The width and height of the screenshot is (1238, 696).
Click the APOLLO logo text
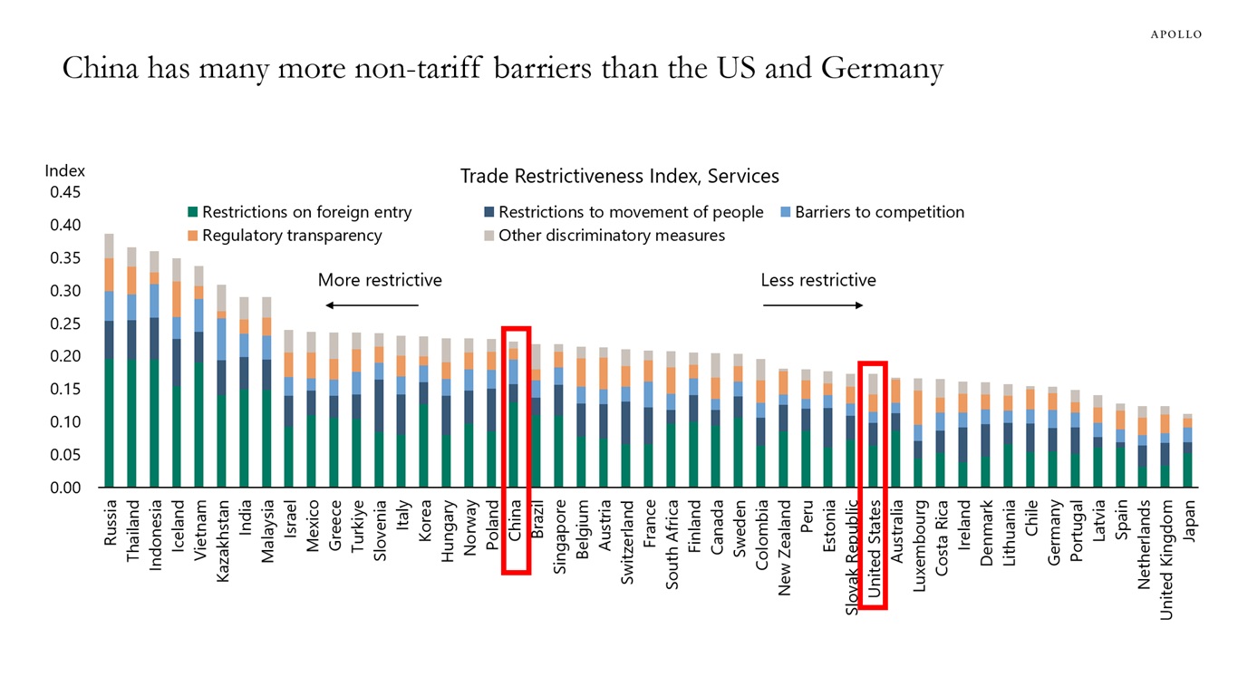point(1175,34)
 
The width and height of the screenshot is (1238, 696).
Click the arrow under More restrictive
point(372,305)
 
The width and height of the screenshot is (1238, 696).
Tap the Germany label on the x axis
point(1054,532)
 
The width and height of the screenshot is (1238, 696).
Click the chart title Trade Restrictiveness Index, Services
point(619,176)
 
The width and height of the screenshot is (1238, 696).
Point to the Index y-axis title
point(64,170)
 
